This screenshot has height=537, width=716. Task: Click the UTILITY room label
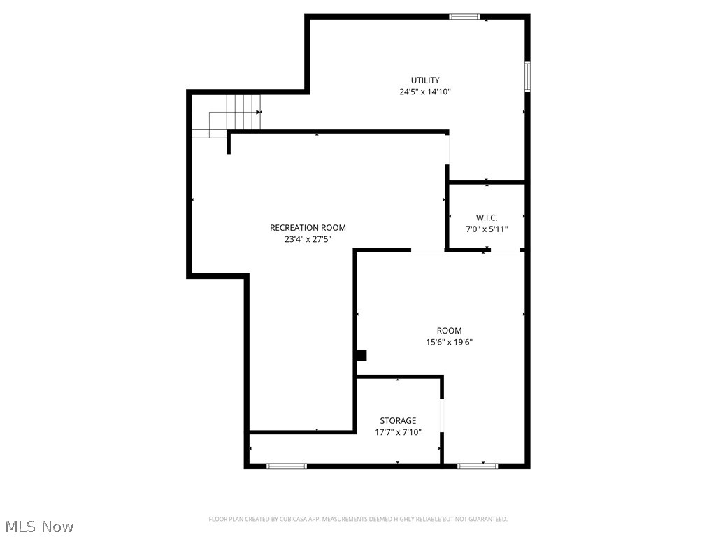pyautogui.click(x=425, y=80)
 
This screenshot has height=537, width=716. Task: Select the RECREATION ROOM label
pyautogui.click(x=308, y=227)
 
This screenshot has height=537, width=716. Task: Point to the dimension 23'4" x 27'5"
pyautogui.click(x=308, y=239)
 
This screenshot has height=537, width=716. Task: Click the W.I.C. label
pyautogui.click(x=487, y=217)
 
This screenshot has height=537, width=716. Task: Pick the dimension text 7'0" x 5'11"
pyautogui.click(x=487, y=229)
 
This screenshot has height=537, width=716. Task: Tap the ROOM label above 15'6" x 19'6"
pyautogui.click(x=449, y=330)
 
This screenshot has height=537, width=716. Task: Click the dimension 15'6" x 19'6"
pyautogui.click(x=449, y=342)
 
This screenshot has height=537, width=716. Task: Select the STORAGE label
pyautogui.click(x=398, y=420)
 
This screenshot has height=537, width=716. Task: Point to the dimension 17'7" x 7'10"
pyautogui.click(x=398, y=432)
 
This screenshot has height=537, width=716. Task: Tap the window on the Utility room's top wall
pyautogui.click(x=464, y=16)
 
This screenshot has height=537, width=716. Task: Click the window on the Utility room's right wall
pyautogui.click(x=527, y=76)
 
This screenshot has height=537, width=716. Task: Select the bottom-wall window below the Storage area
pyautogui.click(x=287, y=466)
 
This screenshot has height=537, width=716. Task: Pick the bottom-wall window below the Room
pyautogui.click(x=478, y=466)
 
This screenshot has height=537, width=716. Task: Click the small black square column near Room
pyautogui.click(x=361, y=355)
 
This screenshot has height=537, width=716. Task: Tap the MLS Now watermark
pyautogui.click(x=39, y=526)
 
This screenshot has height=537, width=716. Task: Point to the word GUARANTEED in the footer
pyautogui.click(x=486, y=519)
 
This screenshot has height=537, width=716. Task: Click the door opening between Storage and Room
pyautogui.click(x=441, y=417)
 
